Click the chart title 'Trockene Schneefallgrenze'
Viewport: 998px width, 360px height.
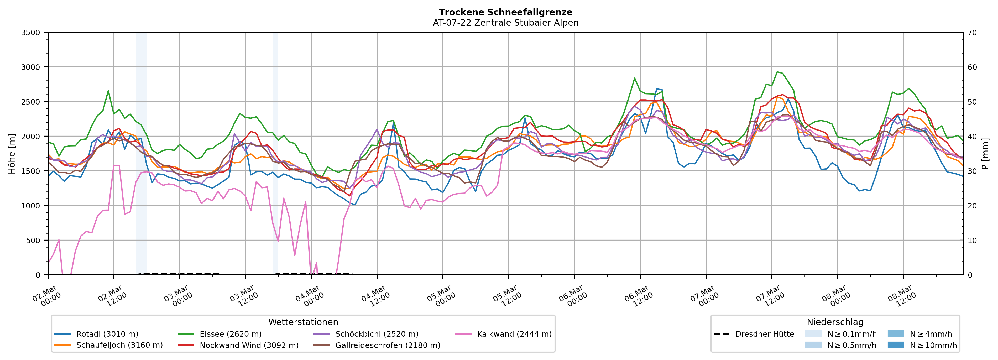[x=505, y=12]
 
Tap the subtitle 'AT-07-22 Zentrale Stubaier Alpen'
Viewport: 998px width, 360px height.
[x=505, y=23]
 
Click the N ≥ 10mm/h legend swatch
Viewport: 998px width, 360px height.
[x=896, y=345]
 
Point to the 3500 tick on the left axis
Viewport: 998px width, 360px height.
[x=31, y=33]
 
